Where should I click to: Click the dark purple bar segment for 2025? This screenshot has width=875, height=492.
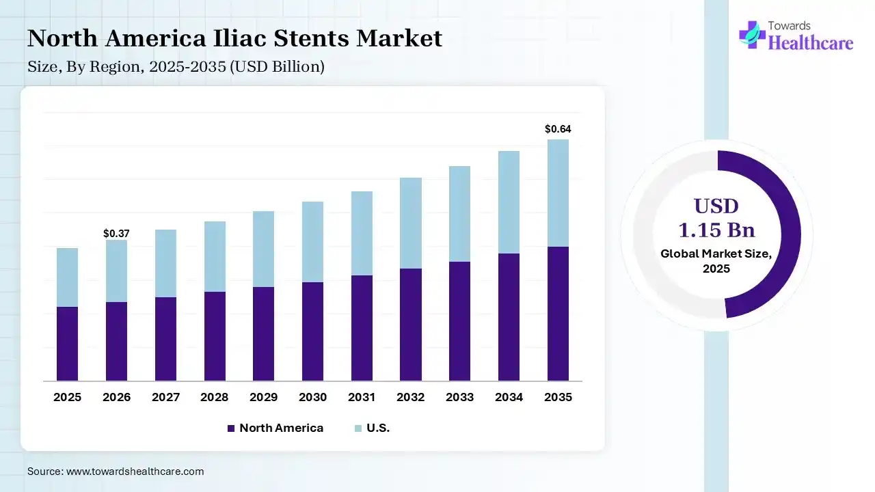pyautogui.click(x=67, y=344)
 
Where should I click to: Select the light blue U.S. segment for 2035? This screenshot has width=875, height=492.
pyautogui.click(x=558, y=193)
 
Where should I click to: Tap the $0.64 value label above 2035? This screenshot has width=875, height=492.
pyautogui.click(x=558, y=128)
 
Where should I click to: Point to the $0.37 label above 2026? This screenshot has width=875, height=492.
pyautogui.click(x=116, y=234)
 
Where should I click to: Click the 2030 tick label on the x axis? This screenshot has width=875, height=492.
pyautogui.click(x=312, y=397)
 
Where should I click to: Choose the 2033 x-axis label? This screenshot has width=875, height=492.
pyautogui.click(x=460, y=397)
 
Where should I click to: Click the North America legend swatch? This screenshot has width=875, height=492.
pyautogui.click(x=231, y=428)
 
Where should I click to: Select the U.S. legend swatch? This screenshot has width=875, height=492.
pyautogui.click(x=358, y=428)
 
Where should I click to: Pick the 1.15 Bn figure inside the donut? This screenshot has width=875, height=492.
pyautogui.click(x=716, y=230)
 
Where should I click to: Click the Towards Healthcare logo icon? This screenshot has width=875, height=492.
pyautogui.click(x=752, y=34)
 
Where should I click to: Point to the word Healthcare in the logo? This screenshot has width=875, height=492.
pyautogui.click(x=811, y=43)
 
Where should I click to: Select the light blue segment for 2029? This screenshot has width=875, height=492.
pyautogui.click(x=263, y=249)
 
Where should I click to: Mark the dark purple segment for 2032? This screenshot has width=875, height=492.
pyautogui.click(x=411, y=325)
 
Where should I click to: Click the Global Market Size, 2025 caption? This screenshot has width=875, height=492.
pyautogui.click(x=716, y=261)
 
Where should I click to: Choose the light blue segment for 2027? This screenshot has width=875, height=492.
pyautogui.click(x=165, y=263)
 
